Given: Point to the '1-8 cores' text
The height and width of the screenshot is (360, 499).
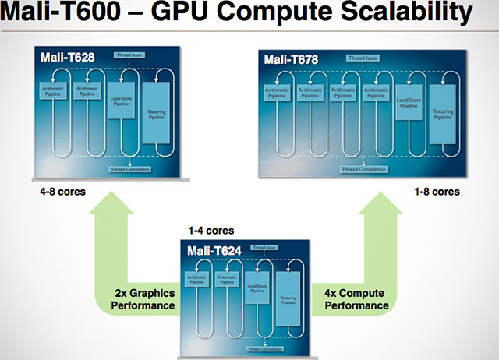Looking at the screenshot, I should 437,190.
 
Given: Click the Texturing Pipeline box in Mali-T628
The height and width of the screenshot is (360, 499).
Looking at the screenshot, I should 157,109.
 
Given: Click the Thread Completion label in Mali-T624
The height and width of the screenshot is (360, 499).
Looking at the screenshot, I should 263,349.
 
